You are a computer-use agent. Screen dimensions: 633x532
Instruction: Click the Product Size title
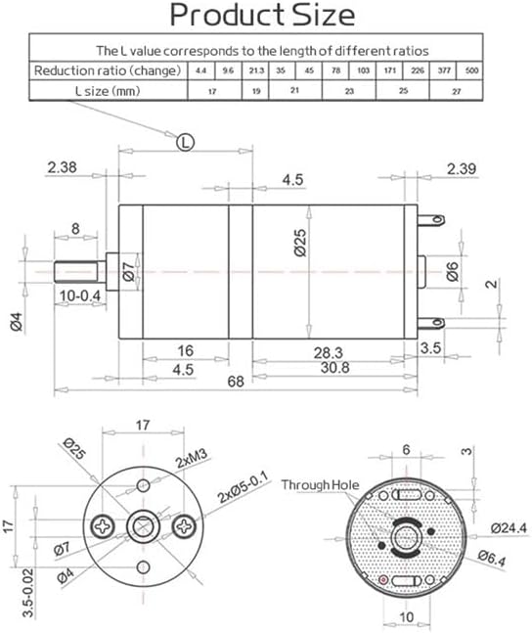point(263,16)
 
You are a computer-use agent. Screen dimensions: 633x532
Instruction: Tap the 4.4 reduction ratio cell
point(199,69)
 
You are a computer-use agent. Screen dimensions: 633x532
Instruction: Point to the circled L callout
point(185,142)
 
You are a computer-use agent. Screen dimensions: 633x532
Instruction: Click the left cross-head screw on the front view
point(105,526)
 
